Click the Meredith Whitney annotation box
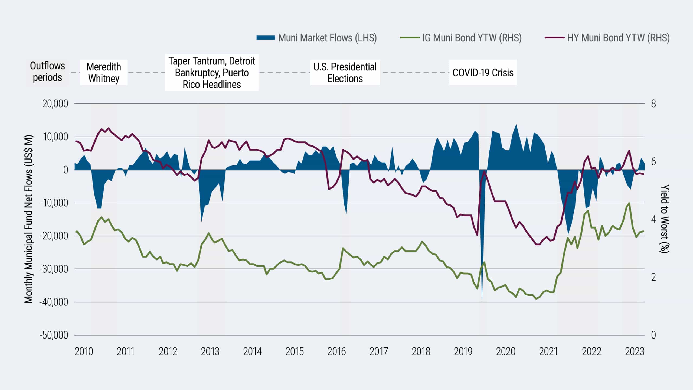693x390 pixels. pos(104,73)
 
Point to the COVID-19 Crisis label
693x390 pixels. pos(483,73)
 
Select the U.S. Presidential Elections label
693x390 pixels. pos(345,73)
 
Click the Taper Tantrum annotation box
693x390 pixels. pos(212,73)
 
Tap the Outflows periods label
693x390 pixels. pos(47,71)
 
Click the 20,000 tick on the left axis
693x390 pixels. pos(55,104)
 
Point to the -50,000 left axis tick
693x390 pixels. pos(54,335)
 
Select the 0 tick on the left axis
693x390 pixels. pos(66,170)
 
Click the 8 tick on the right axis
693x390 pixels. pos(653,104)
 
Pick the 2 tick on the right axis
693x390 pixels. pos(653,277)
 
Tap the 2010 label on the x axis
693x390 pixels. pos(84,352)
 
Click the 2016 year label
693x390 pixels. pos(336,352)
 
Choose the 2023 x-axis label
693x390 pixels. pos(635,352)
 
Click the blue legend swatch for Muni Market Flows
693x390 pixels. pos(266,38)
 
